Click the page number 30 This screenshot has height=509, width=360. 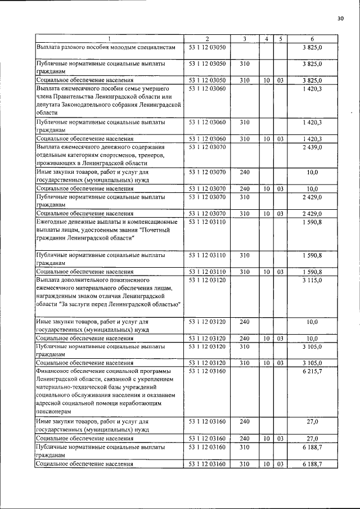(x=340, y=19)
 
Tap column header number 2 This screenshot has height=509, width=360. (x=207, y=39)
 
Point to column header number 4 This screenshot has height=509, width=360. (x=266, y=39)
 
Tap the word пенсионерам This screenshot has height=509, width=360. (x=55, y=412)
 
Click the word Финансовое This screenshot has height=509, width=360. (x=56, y=372)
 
